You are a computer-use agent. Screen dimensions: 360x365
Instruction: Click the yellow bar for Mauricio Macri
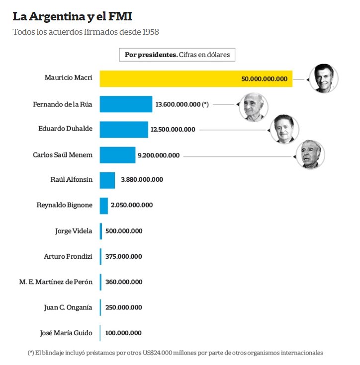point(196,78)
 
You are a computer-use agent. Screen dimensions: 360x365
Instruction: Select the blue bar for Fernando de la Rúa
point(126,104)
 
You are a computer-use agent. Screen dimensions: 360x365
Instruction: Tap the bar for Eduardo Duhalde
point(124,130)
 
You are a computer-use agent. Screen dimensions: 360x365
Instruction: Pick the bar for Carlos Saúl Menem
point(117,155)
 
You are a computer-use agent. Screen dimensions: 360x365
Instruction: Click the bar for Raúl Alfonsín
point(107,180)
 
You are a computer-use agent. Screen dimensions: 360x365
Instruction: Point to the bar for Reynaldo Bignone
point(104,206)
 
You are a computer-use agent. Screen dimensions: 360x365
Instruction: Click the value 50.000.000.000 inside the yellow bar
point(264,79)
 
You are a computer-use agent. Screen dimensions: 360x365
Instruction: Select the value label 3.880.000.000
point(142,179)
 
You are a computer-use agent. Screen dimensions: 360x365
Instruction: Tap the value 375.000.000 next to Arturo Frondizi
point(123,256)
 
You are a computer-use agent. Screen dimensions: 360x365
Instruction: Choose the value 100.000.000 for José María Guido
point(123,333)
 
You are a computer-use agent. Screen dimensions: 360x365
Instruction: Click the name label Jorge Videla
point(74,231)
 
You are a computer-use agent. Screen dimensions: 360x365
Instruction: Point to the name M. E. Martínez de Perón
point(56,282)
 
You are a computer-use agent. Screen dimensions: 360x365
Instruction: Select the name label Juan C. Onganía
point(68,307)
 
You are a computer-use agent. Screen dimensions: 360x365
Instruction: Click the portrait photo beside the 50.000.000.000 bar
point(324,78)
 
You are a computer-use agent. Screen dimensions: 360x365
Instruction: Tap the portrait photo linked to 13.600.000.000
point(254,107)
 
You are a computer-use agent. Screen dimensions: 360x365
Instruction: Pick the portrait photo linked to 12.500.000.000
point(284,129)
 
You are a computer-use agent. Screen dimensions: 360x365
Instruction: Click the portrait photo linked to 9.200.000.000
point(310,154)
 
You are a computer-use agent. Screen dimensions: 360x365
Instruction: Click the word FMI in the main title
point(120,16)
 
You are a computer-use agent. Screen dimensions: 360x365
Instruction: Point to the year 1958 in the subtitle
point(151,32)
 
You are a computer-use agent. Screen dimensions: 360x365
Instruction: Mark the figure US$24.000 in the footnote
point(157,353)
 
